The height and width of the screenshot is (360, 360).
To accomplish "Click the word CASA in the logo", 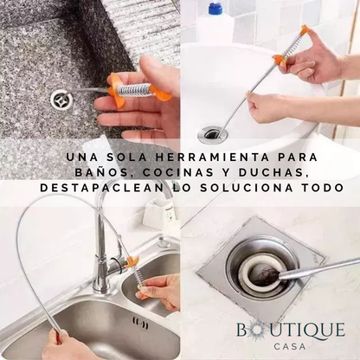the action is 290,346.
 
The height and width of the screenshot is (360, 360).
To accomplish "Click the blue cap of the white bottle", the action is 215,8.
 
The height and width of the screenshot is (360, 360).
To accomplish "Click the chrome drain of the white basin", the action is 213,133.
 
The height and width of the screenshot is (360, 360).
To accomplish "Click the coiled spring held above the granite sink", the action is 135,87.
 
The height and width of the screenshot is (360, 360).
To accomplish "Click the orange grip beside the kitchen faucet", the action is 132,261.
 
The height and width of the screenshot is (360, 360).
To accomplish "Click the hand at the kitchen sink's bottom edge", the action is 63,345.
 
